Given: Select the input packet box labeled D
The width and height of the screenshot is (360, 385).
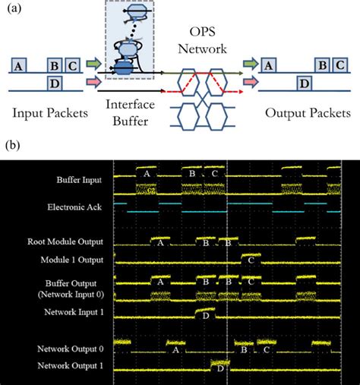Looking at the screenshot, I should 55,83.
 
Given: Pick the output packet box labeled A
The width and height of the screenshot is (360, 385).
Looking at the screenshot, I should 267,65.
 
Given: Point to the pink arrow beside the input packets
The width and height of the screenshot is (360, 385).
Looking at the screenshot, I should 93,79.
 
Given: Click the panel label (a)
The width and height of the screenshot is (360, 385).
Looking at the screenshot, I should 13,10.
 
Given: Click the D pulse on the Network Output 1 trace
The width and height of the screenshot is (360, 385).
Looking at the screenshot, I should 220,369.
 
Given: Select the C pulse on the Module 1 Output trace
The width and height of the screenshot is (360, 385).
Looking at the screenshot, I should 251,260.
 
